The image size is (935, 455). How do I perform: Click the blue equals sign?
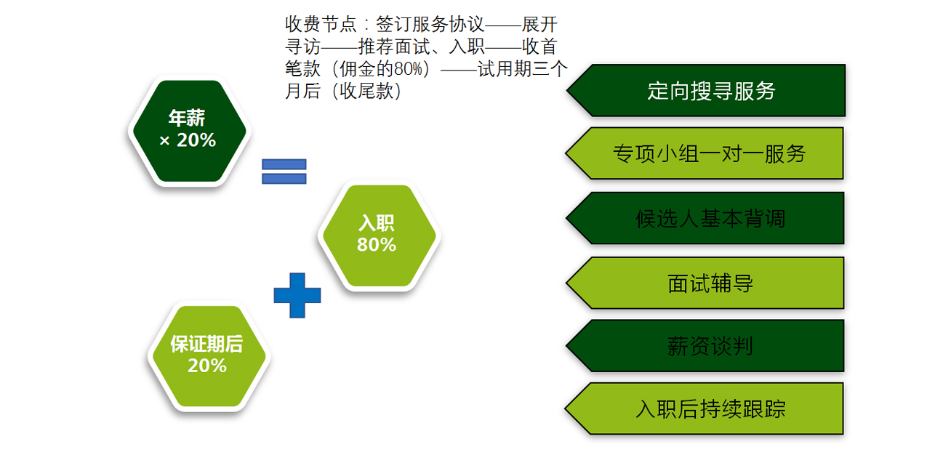point(284,171)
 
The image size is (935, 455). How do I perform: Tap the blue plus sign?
point(297,295)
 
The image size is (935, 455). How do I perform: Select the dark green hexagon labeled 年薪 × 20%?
point(190,131)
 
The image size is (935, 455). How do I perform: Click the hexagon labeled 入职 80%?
point(379,235)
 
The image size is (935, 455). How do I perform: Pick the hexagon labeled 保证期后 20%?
point(209,356)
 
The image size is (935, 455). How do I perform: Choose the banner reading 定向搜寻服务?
point(706,90)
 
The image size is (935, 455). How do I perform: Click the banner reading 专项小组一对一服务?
point(705,153)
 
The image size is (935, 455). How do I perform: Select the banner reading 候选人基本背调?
point(705,218)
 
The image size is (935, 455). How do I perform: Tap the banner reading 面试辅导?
point(705,283)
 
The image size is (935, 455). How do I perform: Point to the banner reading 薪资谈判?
point(705,346)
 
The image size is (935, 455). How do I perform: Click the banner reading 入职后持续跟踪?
point(705,408)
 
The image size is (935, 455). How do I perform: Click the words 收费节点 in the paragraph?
point(321,24)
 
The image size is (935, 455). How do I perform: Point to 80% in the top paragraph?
point(408,69)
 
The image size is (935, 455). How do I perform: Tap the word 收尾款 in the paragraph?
point(366,91)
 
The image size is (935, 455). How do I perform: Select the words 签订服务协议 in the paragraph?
point(430,24)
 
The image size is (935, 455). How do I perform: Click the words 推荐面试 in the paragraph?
point(394,47)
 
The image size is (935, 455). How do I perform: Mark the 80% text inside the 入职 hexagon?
point(377,245)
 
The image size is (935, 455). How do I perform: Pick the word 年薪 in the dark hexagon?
point(187,118)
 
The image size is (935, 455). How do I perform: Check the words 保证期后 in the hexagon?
point(206,344)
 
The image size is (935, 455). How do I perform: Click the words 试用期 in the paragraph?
point(505,69)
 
